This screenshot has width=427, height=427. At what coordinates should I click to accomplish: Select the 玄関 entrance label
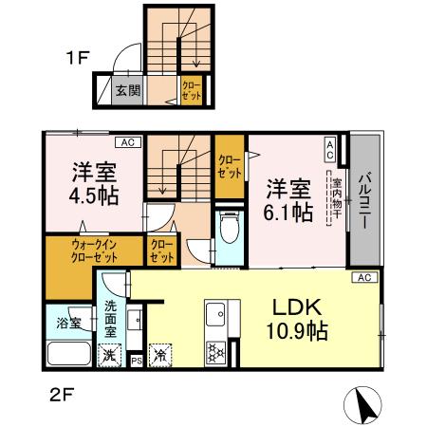(127, 91)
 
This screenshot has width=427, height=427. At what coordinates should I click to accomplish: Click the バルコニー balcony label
(364, 199)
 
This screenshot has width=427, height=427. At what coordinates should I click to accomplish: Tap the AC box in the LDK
(363, 277)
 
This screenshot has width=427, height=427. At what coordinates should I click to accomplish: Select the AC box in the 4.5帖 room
(125, 142)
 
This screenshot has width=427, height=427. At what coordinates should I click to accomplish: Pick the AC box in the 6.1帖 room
(329, 148)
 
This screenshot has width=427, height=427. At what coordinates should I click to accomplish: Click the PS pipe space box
(136, 362)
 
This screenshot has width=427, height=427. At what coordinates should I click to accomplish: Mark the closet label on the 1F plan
(192, 91)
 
